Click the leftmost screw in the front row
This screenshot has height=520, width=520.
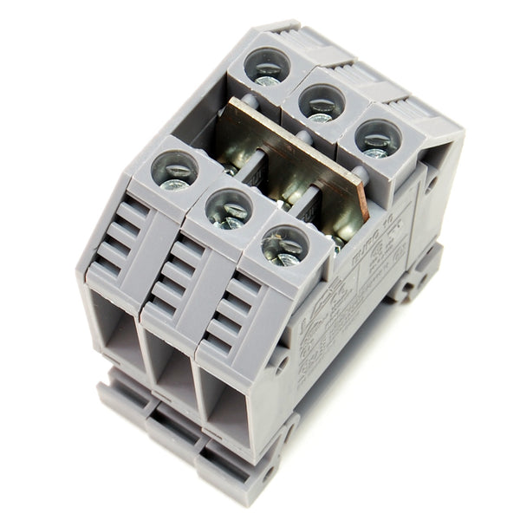(175, 171)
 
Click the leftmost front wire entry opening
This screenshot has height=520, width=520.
(118, 329)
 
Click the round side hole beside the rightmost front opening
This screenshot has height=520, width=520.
(282, 362)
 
